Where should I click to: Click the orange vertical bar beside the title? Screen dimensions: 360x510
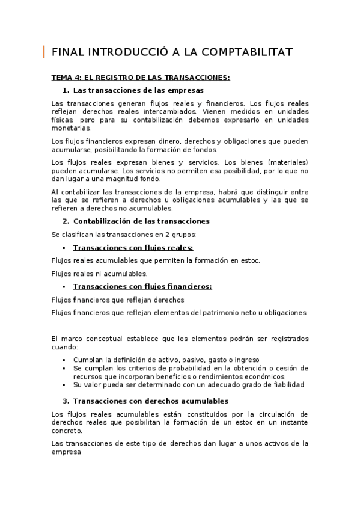click(x=44, y=52)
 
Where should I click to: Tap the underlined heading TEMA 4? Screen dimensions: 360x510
click(x=140, y=78)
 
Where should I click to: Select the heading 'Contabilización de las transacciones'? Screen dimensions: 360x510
click(x=141, y=221)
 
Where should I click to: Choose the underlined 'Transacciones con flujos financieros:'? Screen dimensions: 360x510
click(x=142, y=287)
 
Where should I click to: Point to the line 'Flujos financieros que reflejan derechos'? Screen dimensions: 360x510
click(x=118, y=300)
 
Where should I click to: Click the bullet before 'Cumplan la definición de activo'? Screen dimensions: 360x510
click(x=64, y=360)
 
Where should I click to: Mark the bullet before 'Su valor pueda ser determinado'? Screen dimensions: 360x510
click(x=64, y=385)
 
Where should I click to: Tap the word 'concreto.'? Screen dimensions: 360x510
click(x=67, y=431)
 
